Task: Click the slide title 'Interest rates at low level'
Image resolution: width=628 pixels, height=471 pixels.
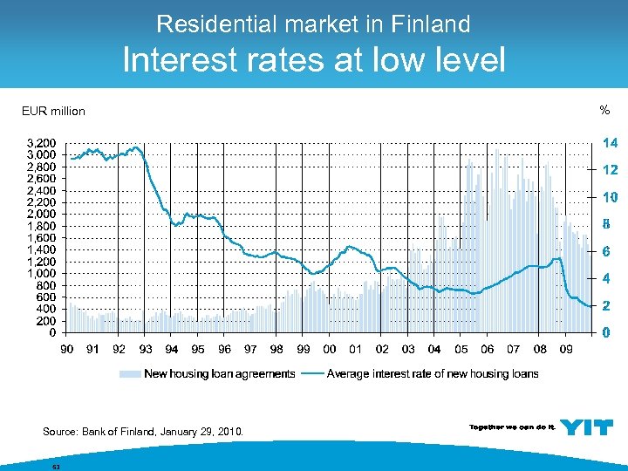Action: point(313,59)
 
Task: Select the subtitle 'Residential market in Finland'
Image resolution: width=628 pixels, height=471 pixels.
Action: point(313,24)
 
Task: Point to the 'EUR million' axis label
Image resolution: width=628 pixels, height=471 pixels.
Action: point(53,111)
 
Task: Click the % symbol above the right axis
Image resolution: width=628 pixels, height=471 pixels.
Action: point(604,110)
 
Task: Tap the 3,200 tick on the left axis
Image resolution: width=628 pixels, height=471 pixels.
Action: point(41,142)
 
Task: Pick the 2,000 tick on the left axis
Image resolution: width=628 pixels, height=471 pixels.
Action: point(41,214)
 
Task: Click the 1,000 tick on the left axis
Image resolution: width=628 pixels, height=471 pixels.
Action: point(41,273)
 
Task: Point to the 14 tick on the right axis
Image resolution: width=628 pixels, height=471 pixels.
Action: point(610,142)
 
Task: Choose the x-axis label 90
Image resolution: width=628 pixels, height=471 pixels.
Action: point(66,350)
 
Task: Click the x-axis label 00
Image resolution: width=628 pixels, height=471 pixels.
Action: point(329,350)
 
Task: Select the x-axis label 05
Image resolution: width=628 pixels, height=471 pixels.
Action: point(461,350)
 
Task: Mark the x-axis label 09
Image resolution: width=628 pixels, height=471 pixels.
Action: point(565,350)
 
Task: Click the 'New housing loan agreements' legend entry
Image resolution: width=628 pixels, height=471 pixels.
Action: point(219,374)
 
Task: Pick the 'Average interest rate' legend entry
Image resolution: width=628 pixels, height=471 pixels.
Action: point(432,374)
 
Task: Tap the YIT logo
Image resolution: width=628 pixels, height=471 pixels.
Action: point(586,427)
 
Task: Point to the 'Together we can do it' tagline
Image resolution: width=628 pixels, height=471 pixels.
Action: point(511,427)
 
